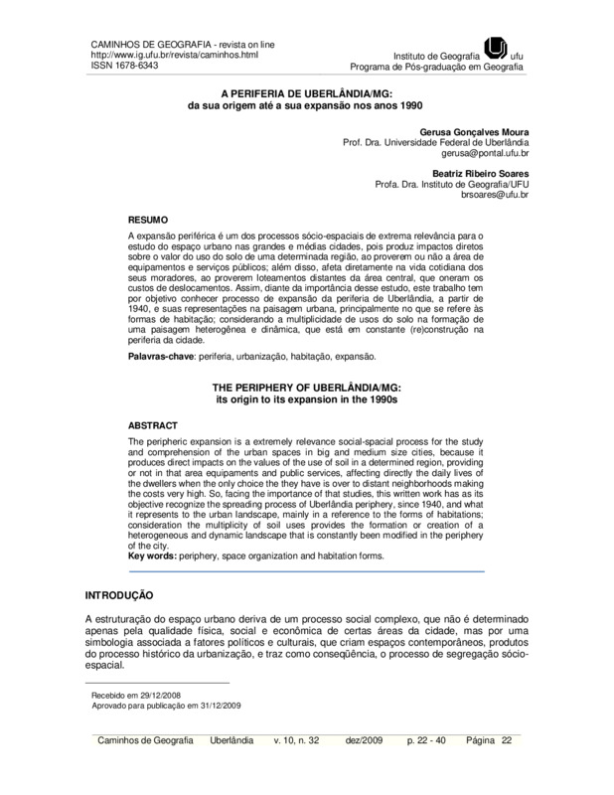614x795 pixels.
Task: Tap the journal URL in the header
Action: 153,55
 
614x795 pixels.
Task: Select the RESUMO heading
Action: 149,218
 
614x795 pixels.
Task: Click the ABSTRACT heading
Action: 154,424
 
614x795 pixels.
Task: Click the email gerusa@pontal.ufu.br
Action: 485,155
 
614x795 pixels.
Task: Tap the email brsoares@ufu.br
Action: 494,195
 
